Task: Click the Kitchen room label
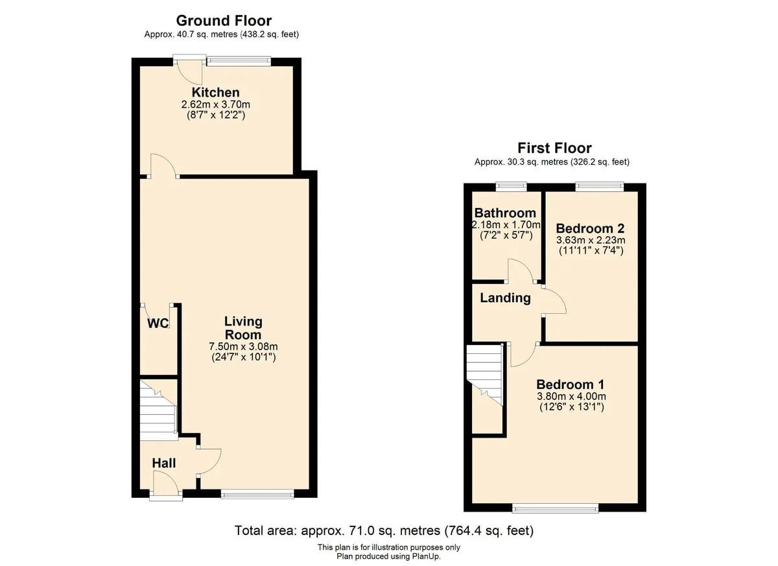[216, 92]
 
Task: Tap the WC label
[158, 324]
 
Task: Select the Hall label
[164, 463]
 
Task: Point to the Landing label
[505, 298]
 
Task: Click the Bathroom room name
[505, 213]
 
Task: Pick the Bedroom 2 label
[591, 228]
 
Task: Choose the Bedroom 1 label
[571, 384]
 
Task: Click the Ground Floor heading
[224, 21]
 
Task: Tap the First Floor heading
[555, 148]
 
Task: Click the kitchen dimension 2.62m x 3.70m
[216, 104]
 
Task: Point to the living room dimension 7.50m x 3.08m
[243, 346]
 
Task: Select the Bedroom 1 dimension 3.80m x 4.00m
[571, 396]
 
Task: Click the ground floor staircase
[158, 410]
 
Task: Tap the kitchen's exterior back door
[189, 69]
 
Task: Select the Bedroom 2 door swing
[555, 301]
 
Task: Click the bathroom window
[512, 187]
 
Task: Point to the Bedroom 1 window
[556, 509]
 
